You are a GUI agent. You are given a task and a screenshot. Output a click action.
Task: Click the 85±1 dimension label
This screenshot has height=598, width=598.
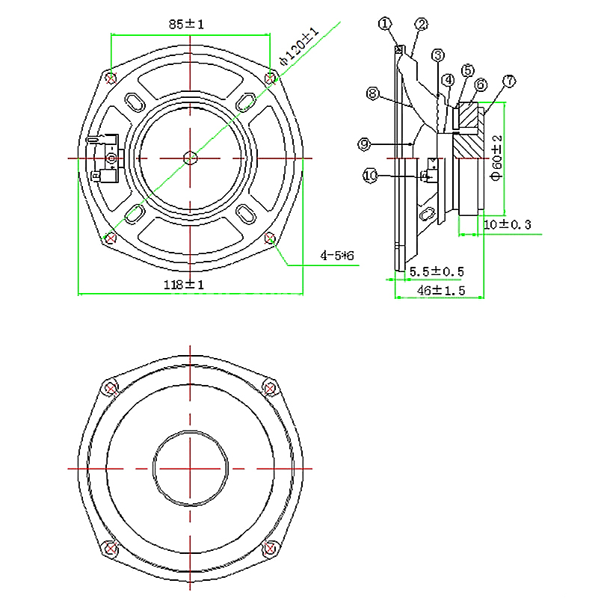(186, 25)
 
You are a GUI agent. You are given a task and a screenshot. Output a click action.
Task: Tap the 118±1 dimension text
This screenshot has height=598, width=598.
(184, 285)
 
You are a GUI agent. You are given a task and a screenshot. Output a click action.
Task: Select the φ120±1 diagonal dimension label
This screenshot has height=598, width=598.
(299, 46)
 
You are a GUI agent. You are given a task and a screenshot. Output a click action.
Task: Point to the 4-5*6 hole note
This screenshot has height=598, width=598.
(337, 255)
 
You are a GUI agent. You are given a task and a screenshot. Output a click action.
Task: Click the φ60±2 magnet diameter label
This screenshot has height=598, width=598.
(496, 158)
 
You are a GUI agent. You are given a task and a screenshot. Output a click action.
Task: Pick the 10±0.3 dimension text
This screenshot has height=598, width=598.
(508, 224)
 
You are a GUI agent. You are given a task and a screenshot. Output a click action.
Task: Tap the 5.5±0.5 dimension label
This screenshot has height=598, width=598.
(437, 271)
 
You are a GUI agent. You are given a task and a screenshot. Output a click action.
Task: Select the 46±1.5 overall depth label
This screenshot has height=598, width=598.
(441, 291)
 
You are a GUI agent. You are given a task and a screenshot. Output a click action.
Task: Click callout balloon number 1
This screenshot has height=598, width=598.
(385, 24)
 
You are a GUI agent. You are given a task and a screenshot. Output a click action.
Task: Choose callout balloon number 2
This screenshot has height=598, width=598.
(422, 25)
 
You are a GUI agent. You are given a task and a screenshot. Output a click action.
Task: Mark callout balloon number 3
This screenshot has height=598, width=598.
(438, 55)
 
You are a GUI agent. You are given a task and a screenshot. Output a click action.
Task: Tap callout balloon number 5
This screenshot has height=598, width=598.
(468, 70)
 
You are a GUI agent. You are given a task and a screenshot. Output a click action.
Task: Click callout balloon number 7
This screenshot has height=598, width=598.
(509, 81)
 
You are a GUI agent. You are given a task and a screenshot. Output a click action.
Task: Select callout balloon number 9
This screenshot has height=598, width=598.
(364, 144)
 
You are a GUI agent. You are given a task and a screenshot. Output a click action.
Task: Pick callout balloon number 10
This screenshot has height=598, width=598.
(370, 176)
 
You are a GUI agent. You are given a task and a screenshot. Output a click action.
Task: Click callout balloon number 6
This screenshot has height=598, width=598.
(481, 84)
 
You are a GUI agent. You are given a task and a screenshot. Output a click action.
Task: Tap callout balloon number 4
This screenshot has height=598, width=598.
(448, 80)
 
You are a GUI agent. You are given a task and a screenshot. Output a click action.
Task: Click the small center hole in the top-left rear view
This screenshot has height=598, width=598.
(190, 158)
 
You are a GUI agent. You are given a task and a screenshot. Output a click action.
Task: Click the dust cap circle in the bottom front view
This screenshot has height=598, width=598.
(190, 431)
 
